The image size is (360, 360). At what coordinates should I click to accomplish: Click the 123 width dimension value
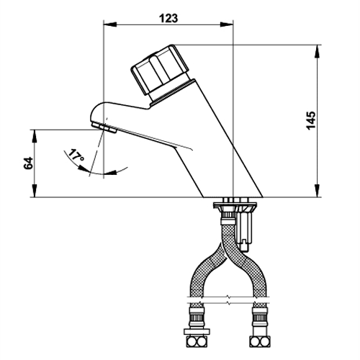tap(168, 18)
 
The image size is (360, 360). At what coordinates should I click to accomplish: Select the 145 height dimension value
tap(311, 120)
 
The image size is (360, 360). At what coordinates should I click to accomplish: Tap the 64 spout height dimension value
tap(28, 163)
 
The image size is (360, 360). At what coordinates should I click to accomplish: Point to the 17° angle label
tap(76, 156)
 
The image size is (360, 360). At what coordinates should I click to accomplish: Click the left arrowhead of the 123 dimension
tap(110, 24)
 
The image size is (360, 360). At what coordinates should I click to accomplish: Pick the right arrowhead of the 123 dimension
tap(227, 24)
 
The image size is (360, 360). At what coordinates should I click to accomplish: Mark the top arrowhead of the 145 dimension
tap(317, 51)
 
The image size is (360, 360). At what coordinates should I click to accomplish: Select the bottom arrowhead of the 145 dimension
tap(317, 191)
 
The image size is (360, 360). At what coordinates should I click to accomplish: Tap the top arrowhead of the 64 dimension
tap(35, 136)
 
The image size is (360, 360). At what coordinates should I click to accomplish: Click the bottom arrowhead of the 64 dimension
tap(35, 191)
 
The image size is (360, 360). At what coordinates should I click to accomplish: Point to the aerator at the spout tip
tap(104, 127)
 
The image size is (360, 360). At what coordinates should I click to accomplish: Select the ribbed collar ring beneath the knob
tap(172, 93)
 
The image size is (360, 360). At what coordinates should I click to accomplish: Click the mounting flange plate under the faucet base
tap(235, 205)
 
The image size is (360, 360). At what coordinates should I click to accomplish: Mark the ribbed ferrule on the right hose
tap(260, 317)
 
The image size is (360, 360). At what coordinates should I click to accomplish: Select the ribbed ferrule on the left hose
tap(196, 317)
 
